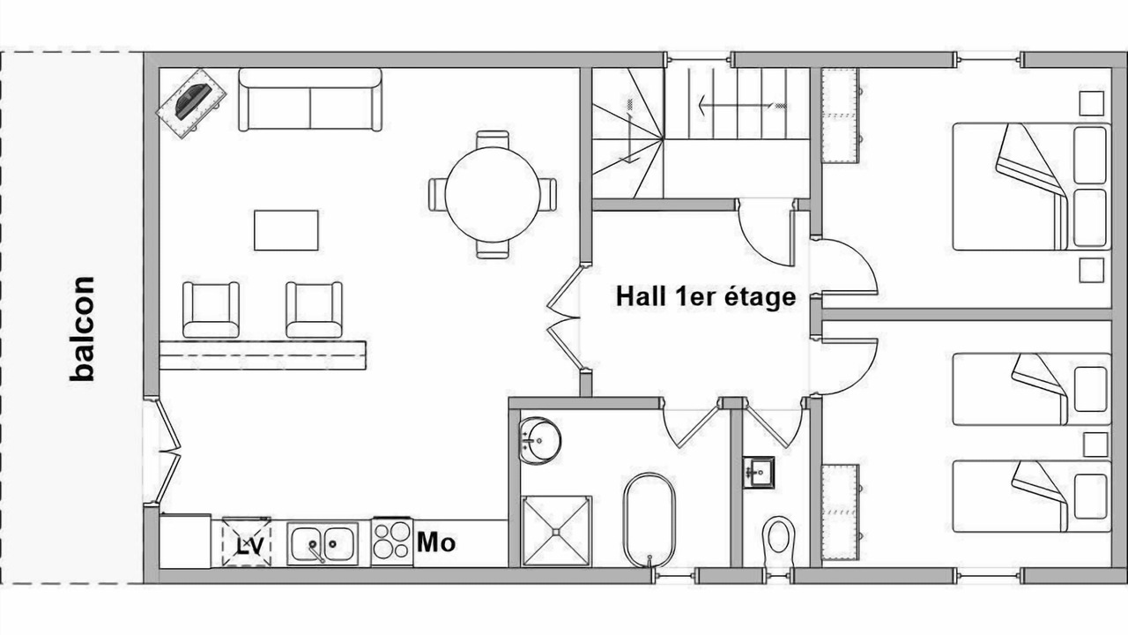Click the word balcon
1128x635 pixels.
pyautogui.click(x=82, y=329)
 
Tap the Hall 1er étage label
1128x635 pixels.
pyautogui.click(x=706, y=296)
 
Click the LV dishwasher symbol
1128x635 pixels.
pyautogui.click(x=246, y=542)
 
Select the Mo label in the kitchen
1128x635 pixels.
pyautogui.click(x=436, y=542)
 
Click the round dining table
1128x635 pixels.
pyautogui.click(x=493, y=195)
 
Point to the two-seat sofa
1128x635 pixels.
pyautogui.click(x=309, y=100)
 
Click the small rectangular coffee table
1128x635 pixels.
pyautogui.click(x=286, y=230)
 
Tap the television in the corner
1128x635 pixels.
pyautogui.click(x=191, y=103)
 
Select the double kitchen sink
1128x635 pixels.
pyautogui.click(x=323, y=544)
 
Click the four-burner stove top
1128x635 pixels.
pyautogui.click(x=392, y=542)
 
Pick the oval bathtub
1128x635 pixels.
pyautogui.click(x=649, y=519)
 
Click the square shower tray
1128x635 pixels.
pyautogui.click(x=556, y=531)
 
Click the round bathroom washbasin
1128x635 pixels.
pyautogui.click(x=539, y=440)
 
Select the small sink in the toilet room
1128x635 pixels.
pyautogui.click(x=759, y=473)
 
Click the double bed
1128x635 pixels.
pyautogui.click(x=1031, y=186)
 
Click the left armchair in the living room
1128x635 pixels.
pyautogui.click(x=211, y=310)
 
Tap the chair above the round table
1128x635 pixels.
pyautogui.click(x=493, y=139)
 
